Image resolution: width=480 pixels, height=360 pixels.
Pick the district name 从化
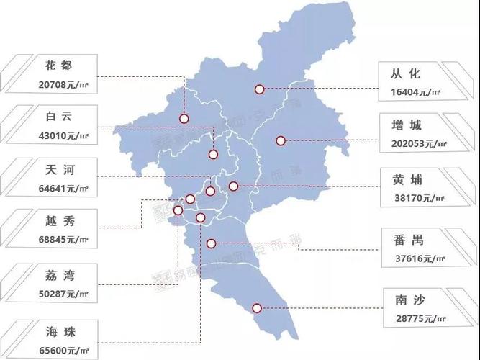(x=409, y=73)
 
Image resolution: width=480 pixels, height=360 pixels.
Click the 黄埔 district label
(x=409, y=179)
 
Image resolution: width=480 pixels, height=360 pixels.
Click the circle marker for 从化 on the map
(x=259, y=89)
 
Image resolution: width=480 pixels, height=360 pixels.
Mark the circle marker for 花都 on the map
(x=184, y=119)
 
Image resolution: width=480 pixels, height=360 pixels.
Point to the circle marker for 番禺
(x=211, y=243)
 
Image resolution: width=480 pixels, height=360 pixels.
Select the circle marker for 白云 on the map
(x=214, y=154)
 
